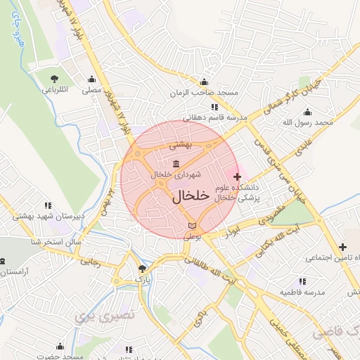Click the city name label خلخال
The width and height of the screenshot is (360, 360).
pos(191,196)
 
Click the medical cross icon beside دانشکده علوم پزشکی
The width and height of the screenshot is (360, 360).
pos(236,176)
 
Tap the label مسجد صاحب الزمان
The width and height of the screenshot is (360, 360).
pos(204,93)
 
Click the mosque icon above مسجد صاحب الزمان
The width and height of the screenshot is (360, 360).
pos(204,82)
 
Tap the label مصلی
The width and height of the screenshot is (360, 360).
pos(91,90)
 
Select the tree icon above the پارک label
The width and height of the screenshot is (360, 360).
pos(143,269)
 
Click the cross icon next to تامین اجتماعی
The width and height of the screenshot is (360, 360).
pos(342,247)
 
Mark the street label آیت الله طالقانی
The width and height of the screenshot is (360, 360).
pos(211,269)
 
